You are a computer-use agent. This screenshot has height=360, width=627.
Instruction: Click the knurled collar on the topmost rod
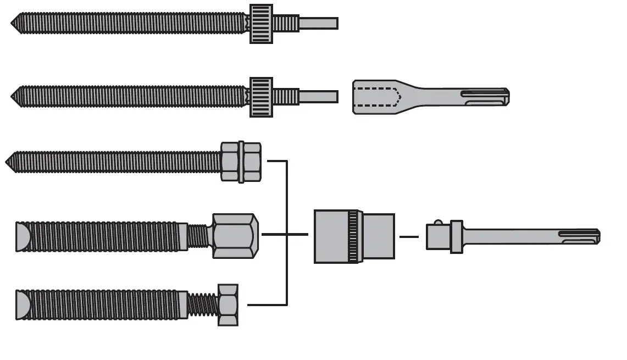[x=262, y=24]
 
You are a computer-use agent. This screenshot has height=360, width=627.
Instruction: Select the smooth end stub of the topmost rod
[x=318, y=24]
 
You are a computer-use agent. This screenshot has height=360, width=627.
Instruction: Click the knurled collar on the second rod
[x=262, y=97]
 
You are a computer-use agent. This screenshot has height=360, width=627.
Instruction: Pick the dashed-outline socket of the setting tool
[x=376, y=97]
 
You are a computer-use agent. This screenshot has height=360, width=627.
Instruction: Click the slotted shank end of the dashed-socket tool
[x=486, y=97]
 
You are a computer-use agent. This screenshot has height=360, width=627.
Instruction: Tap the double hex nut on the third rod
[x=241, y=162]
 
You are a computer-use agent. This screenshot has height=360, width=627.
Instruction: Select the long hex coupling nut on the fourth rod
[x=234, y=236]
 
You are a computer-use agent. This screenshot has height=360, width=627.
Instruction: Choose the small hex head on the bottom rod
[x=228, y=304]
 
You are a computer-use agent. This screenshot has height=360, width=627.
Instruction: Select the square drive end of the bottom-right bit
[x=438, y=237]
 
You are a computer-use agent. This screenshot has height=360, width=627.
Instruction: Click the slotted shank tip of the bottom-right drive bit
[x=582, y=237]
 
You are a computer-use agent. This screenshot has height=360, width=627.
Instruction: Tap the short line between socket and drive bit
[x=409, y=237]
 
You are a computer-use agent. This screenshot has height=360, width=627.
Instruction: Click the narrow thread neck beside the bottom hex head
[x=203, y=305]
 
